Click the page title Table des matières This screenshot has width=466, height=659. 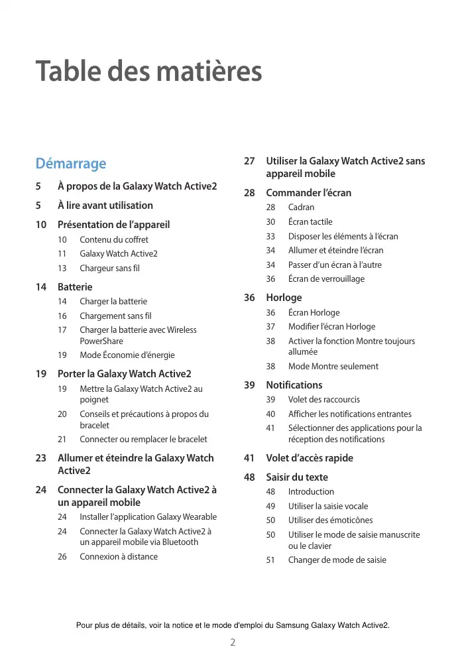click(x=148, y=71)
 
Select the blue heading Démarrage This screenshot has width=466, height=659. click(x=70, y=163)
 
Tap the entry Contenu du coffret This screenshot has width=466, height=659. click(x=114, y=239)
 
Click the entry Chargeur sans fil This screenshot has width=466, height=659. click(x=109, y=268)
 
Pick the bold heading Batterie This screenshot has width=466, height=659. click(x=75, y=287)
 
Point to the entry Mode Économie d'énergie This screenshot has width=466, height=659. click(x=127, y=355)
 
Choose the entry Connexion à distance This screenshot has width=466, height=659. click(x=119, y=556)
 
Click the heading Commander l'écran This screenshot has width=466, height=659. click(x=308, y=193)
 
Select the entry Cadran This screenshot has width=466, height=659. click(x=302, y=208)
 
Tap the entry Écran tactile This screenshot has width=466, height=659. click(x=310, y=221)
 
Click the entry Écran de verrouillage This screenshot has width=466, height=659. click(x=326, y=278)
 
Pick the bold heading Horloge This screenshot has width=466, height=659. click(x=284, y=298)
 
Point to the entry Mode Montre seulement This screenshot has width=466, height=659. click(x=333, y=366)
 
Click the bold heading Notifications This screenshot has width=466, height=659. click(x=294, y=385)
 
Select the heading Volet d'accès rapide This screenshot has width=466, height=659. click(x=310, y=458)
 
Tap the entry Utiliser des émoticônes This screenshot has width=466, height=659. click(x=330, y=520)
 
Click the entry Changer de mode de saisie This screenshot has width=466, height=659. click(x=337, y=560)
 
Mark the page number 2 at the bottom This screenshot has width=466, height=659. click(x=233, y=642)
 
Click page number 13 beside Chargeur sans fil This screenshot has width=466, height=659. click(x=62, y=268)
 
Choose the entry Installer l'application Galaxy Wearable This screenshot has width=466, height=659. click(x=148, y=516)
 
